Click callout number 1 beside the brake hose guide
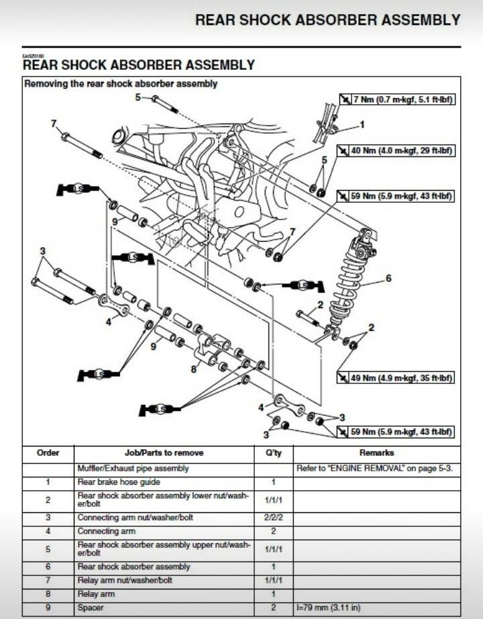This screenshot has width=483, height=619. coord(362,124)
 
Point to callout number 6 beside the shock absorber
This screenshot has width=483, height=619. coord(388,277)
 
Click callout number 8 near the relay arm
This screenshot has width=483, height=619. coord(194,369)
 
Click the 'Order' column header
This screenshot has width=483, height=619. coord(48,453)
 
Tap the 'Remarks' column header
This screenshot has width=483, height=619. coord(376,453)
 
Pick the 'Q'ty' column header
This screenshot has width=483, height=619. coord(273,453)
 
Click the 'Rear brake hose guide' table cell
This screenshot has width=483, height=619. coord(119,482)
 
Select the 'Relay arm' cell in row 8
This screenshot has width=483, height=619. coord(97,594)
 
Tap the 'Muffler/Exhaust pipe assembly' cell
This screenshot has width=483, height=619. coord(133,468)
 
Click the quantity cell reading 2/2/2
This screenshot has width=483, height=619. coord(273,518)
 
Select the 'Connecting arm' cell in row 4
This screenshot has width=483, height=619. coord(107,531)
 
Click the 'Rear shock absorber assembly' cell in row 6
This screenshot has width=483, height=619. coord(133,567)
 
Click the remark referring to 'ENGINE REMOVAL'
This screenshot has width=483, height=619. coord(374,468)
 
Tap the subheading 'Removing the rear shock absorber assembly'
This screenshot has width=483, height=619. coord(121,84)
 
